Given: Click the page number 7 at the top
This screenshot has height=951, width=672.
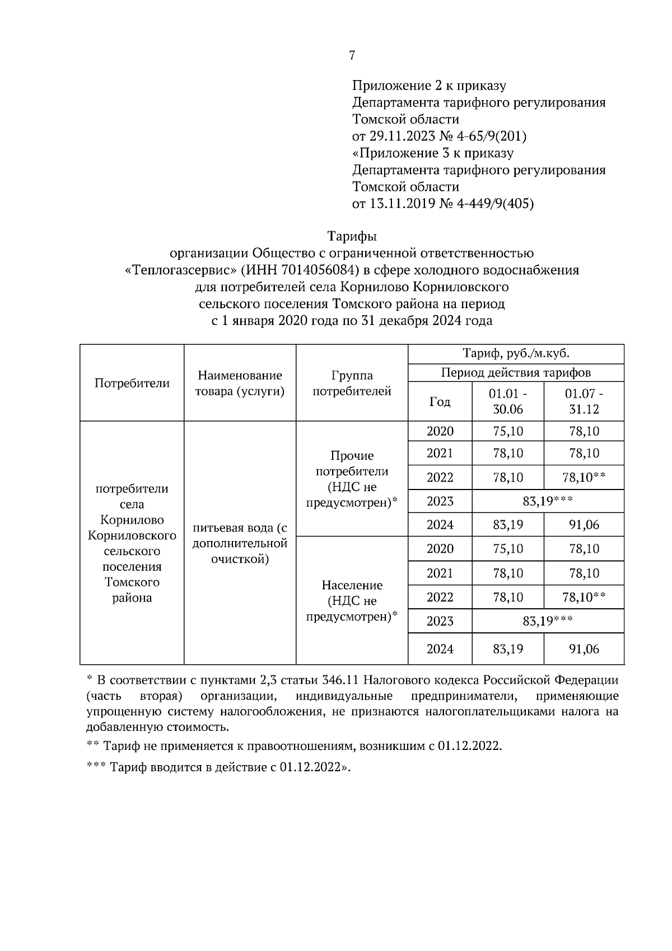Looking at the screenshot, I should tap(352, 55).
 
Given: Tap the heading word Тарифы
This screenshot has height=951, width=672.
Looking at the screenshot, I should tap(352, 237).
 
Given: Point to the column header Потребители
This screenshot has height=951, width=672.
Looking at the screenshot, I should tap(132, 383).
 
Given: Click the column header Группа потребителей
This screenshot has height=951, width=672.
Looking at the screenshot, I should tap(352, 383).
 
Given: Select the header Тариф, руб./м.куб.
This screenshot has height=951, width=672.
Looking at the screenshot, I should tap(516, 354).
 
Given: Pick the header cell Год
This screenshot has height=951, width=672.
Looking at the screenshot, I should tap(440, 402).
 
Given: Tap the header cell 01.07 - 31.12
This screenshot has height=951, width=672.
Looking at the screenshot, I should tap(584, 401).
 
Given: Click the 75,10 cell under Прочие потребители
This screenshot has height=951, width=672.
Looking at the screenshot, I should tap(508, 431).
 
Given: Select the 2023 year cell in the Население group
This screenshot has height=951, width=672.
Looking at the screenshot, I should tap(440, 621).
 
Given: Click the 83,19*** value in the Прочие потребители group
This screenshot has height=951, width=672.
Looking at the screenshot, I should tap(547, 501).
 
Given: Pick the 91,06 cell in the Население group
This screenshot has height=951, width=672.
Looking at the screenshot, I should tap(584, 649).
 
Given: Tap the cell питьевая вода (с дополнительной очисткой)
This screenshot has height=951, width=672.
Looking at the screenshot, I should tap(240, 543).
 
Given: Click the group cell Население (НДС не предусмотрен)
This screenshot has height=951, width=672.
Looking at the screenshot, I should tap(352, 601).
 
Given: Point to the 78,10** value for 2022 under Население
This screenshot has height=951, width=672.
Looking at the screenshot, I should tap(584, 597).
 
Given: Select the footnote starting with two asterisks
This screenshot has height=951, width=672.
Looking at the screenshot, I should tap(295, 747).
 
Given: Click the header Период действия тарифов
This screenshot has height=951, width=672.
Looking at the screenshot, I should tap(516, 372).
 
